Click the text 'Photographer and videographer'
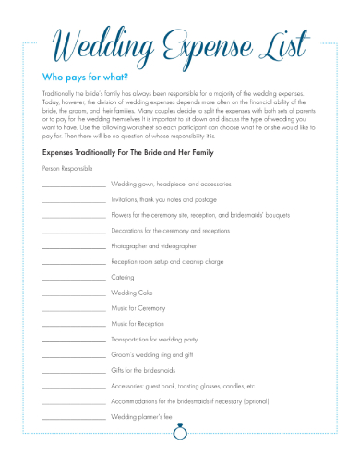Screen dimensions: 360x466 [x=153, y=246]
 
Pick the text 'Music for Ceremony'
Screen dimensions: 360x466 [x=138, y=308]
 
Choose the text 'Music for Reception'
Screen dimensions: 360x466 [x=138, y=324]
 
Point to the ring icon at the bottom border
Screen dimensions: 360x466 [x=180, y=428]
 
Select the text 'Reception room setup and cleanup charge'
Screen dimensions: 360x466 [x=167, y=262]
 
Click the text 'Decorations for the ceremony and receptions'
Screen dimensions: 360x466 [x=171, y=231]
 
